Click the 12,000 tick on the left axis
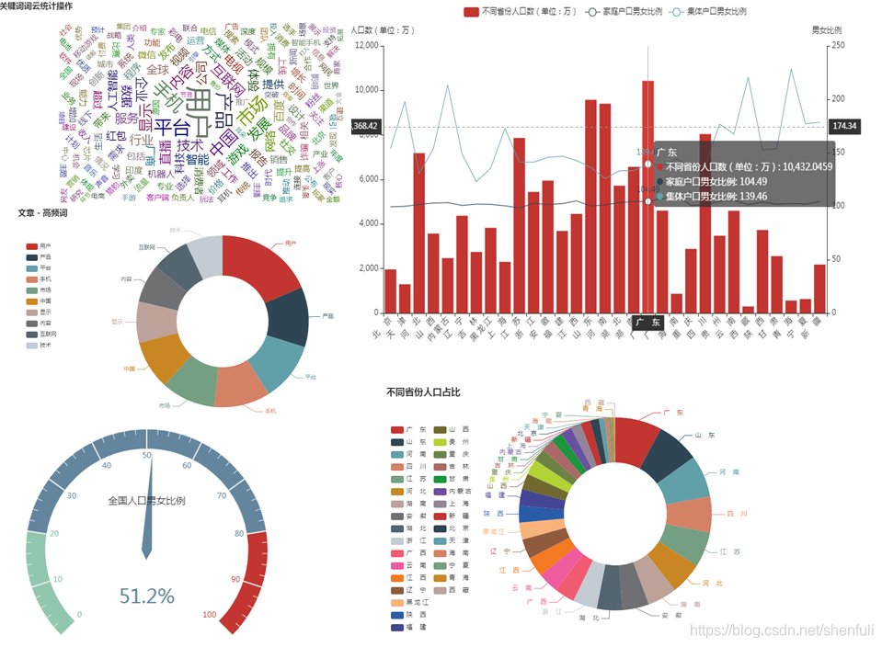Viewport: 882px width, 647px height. [x=367, y=45]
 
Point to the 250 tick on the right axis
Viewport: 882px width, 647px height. [x=840, y=45]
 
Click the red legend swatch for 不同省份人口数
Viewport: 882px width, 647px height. [x=471, y=12]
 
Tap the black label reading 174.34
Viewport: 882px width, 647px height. [x=843, y=126]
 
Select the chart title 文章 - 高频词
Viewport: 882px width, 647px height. [x=46, y=213]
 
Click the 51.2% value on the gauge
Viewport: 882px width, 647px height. [x=146, y=596]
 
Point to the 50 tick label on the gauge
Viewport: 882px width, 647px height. [x=146, y=455]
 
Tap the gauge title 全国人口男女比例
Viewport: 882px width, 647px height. [x=146, y=501]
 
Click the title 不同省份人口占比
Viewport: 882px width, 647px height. [x=423, y=392]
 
